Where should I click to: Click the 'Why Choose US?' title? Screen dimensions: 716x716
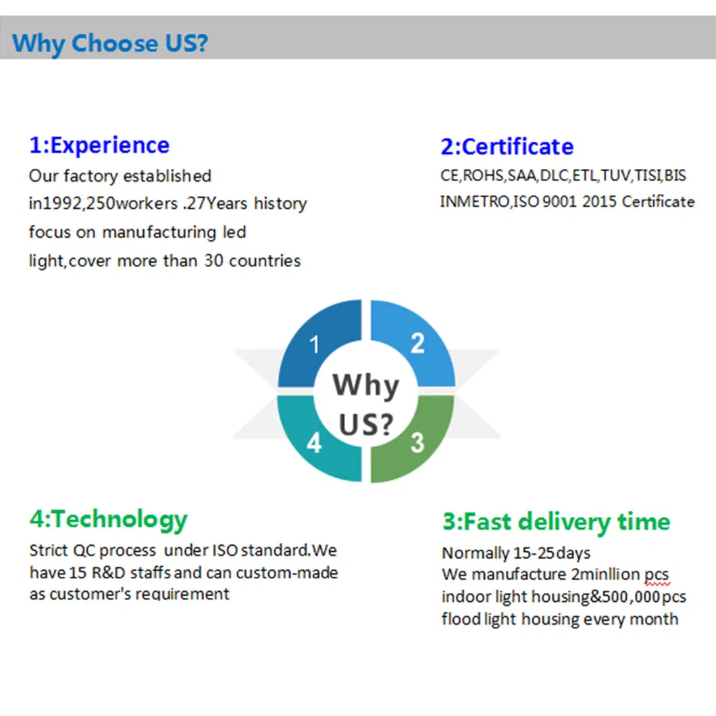coord(109,44)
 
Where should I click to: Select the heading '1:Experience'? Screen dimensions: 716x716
coord(99,146)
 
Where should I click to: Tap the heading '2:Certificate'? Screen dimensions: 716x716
coord(507,147)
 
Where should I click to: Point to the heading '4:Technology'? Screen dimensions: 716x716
coord(109,520)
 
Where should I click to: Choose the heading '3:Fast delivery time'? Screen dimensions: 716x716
coord(556,522)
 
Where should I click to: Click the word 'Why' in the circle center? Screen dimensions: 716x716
coord(365,386)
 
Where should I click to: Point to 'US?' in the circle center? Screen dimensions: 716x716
coord(365,424)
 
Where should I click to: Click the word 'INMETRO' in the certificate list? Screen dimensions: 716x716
coord(475,202)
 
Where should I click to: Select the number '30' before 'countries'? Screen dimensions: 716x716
coord(213,261)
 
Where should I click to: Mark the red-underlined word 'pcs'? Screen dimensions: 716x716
coord(657,575)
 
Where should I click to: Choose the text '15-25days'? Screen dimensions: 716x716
coord(552,553)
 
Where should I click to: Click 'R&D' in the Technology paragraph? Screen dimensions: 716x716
coord(109,573)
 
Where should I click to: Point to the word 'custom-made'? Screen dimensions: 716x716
coord(287,573)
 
